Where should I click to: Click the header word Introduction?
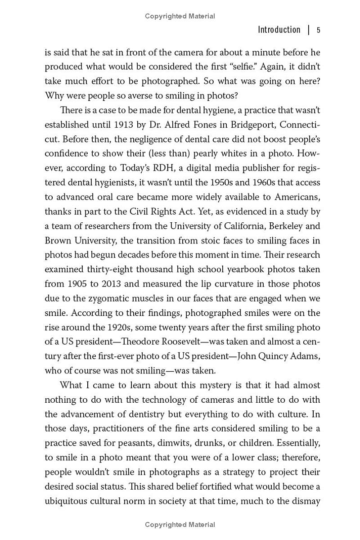tap(279, 30)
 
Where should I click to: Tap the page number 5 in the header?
tap(318, 30)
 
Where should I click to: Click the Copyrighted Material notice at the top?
tap(180, 16)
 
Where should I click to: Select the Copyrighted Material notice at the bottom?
tap(180, 525)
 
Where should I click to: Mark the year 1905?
tap(76, 283)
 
